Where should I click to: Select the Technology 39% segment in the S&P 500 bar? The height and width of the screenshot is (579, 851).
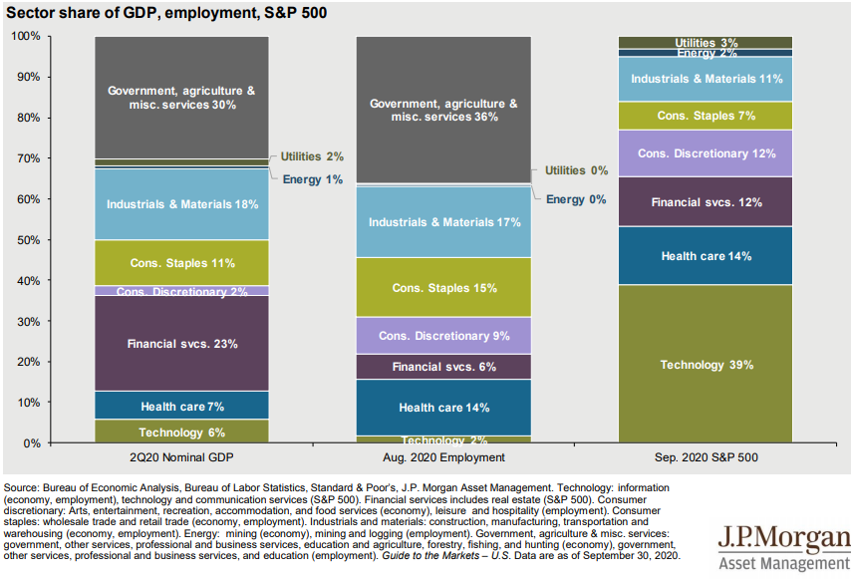(706, 365)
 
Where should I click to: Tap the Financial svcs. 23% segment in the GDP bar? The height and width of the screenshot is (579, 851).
(182, 344)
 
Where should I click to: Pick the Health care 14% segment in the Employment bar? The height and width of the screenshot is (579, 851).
(443, 408)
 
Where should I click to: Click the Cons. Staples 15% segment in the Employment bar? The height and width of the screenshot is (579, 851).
(443, 288)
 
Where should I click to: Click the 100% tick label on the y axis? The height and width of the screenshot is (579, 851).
(25, 37)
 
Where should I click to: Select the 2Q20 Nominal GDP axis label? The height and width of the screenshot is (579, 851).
(182, 457)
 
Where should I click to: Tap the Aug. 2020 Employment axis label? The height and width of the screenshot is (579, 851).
(443, 457)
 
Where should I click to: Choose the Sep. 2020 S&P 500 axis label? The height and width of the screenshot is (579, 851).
(706, 457)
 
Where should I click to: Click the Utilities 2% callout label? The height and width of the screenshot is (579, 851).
(311, 156)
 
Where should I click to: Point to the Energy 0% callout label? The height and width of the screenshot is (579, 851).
(576, 199)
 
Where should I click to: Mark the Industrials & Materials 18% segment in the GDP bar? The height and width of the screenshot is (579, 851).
(182, 204)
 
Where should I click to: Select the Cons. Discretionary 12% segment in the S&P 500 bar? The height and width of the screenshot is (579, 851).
(706, 153)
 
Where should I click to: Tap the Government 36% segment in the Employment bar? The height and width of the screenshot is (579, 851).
(443, 110)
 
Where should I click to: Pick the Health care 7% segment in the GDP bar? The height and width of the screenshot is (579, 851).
(182, 406)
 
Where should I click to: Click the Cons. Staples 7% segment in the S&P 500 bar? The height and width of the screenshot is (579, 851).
(706, 116)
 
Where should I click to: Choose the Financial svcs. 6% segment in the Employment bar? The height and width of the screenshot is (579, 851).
(443, 367)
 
